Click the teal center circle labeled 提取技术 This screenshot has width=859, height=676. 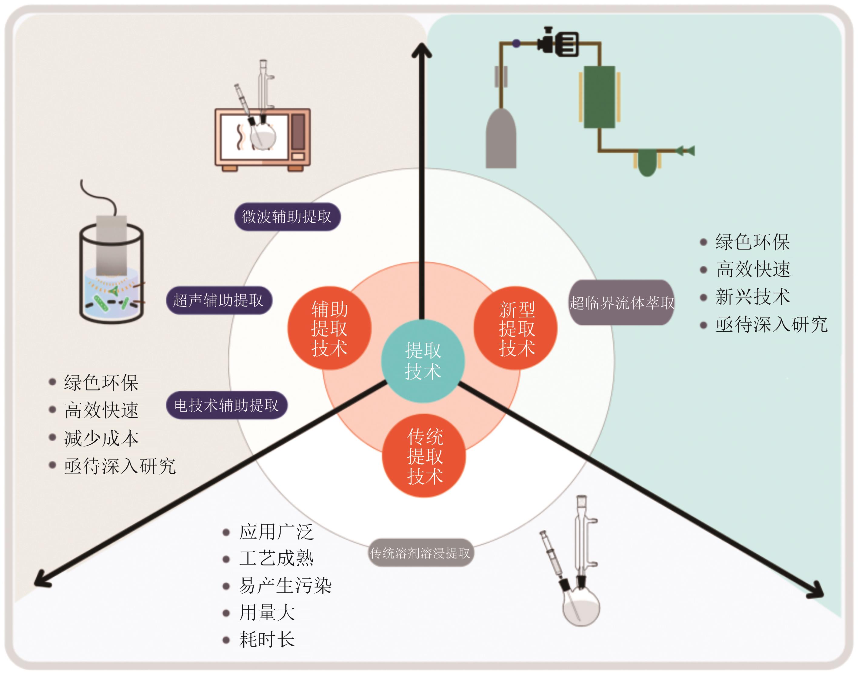423,361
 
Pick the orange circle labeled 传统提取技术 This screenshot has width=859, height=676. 424,456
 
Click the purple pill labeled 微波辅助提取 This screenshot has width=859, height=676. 287,217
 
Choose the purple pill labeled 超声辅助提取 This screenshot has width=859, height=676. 218,300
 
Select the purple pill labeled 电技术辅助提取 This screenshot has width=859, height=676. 226,405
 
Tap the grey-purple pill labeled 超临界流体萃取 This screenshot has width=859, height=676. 621,303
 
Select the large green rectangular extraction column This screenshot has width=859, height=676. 599,97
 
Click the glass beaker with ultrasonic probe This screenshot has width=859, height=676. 111,273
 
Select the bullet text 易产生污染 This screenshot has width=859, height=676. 285,585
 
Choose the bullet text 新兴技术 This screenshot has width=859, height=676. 753,297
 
